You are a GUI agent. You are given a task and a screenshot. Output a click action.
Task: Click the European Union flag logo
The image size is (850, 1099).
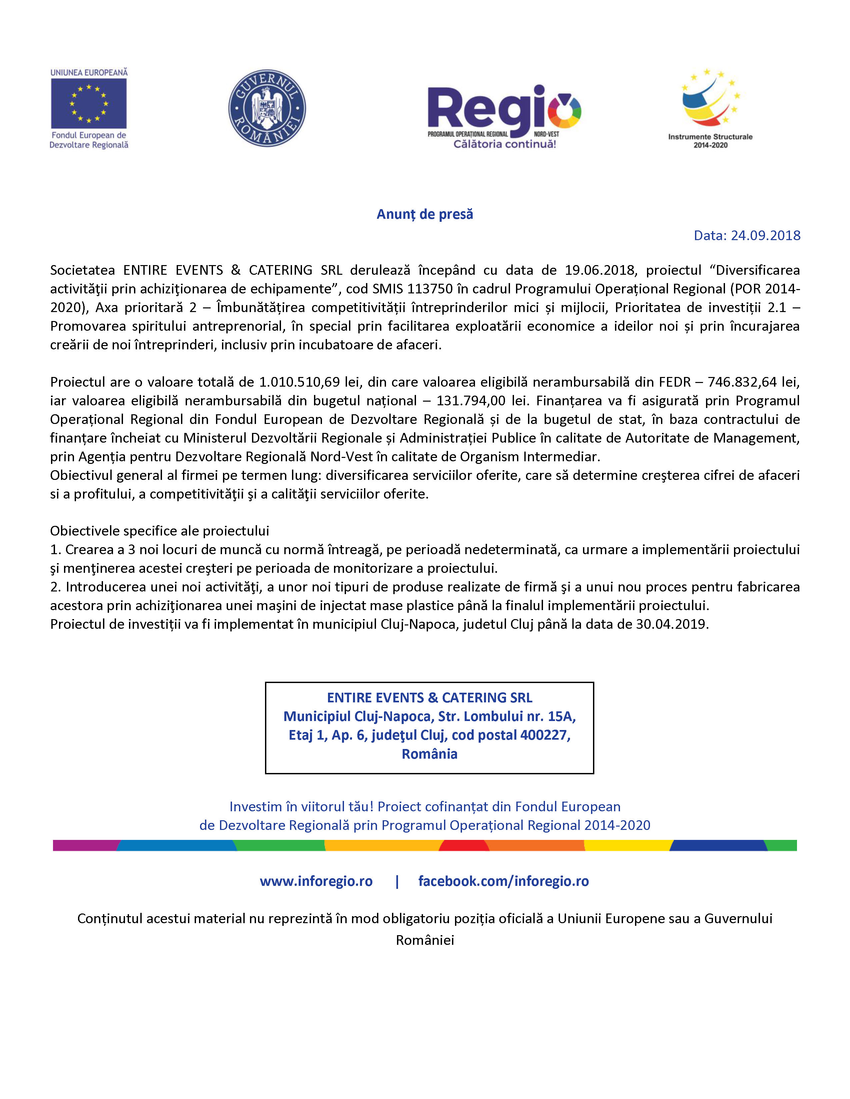89,103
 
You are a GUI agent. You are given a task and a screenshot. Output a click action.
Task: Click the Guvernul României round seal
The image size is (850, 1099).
267,108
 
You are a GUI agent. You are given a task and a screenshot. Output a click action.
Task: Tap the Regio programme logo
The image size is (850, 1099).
504,116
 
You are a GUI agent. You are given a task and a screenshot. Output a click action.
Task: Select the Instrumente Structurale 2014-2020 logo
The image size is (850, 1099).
710,108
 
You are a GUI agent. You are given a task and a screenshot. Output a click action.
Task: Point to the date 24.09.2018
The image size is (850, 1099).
765,235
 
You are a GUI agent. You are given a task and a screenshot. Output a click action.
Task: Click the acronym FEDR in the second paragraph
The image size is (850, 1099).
675,382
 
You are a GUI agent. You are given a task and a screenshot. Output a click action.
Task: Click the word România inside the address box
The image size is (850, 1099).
430,754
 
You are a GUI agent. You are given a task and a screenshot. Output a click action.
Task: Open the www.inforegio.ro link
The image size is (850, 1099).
316,881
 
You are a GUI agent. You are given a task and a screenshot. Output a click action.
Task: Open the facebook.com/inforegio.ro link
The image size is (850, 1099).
504,881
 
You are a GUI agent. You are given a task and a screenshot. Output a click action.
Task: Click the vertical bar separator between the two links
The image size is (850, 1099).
397,881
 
